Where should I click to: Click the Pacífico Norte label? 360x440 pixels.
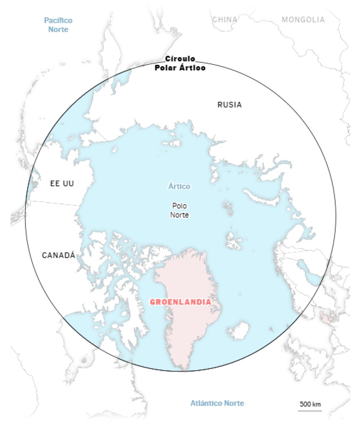tap(58, 25)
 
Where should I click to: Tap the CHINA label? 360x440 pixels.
tap(224, 20)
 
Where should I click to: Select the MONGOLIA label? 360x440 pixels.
tap(303, 20)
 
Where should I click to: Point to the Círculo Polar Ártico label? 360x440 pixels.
tap(180, 63)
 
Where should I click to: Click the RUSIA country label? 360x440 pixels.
tap(230, 105)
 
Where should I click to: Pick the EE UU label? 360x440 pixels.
tap(62, 183)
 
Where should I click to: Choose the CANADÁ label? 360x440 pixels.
tap(58, 255)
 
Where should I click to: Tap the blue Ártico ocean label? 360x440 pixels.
tap(179, 186)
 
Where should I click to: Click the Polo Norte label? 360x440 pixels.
tap(179, 210)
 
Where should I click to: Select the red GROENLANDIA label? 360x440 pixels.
tap(180, 302)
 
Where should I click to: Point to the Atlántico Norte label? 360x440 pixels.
tap(217, 403)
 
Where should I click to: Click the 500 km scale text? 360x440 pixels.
tap(310, 404)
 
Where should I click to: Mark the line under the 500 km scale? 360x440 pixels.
tap(310, 411)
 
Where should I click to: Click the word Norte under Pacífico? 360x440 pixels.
tap(58, 29)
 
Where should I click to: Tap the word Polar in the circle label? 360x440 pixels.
tap(166, 68)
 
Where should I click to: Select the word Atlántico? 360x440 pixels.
tap(206, 403)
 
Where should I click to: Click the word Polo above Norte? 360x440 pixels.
tap(179, 205)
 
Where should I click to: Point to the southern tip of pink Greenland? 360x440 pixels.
tap(184, 369)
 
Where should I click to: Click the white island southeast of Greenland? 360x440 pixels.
tap(238, 330)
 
